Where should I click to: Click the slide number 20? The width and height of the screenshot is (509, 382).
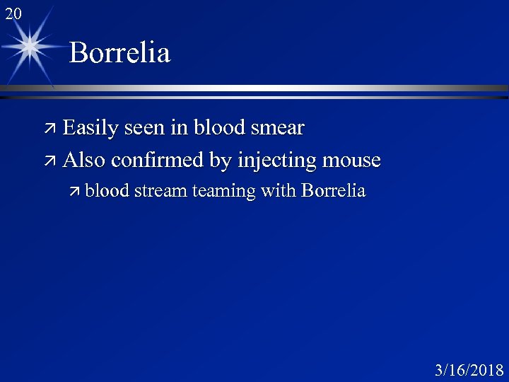coord(13,12)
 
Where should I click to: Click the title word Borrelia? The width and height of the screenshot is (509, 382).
coord(120,53)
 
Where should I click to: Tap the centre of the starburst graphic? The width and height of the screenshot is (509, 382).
coord(30,47)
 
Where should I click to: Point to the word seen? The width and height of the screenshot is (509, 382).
coord(146,129)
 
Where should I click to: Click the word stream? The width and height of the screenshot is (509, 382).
coord(160,190)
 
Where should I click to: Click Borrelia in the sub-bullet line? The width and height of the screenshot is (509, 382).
coord(333,190)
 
